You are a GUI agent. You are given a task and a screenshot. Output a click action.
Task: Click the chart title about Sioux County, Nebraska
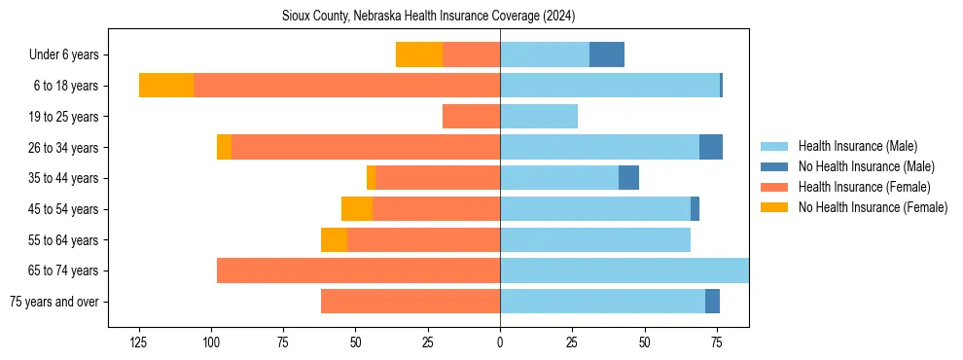pos(428,16)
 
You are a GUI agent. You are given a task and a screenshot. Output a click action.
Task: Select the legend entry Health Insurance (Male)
pos(857,146)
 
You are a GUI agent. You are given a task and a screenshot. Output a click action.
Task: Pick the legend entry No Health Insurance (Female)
pos(873,207)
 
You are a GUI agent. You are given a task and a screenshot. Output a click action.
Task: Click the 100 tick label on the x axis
pos(211,342)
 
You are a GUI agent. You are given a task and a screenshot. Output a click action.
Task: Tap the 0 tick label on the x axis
pos(500,342)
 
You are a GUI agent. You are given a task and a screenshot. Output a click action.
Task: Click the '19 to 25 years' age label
pos(63,117)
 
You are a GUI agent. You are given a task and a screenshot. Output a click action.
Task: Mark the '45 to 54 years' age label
pos(63,209)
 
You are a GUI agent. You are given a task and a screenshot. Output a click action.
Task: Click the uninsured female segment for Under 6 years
pos(419,55)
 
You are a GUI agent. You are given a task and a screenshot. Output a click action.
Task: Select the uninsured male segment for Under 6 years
pos(607,55)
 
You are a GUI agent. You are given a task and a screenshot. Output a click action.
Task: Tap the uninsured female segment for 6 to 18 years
pos(166,86)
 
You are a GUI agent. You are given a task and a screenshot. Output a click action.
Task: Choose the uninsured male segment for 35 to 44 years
pos(628,178)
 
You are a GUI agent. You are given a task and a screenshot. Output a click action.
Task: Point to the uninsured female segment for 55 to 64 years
pos(334,239)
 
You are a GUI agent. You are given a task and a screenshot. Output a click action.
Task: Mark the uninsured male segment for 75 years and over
pos(712,302)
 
